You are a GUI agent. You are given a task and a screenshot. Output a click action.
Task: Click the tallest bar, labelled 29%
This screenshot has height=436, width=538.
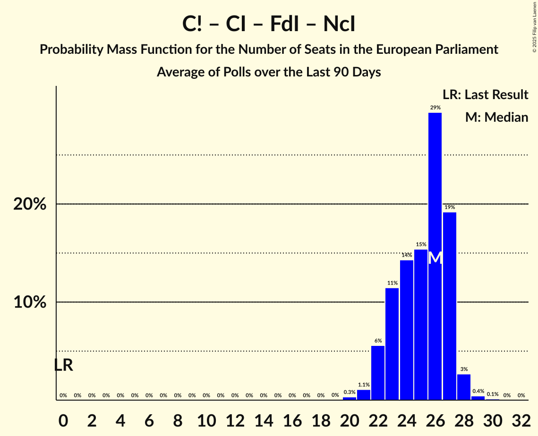coord(435,189)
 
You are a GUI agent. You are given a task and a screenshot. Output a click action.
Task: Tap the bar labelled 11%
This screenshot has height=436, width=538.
coord(392,344)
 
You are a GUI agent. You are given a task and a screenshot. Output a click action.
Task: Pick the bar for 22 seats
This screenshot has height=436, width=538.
coord(378,373)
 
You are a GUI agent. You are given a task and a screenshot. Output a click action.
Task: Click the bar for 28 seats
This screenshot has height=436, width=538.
coord(464,387)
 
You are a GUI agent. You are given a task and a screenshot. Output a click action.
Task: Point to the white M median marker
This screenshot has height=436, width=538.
coord(435,258)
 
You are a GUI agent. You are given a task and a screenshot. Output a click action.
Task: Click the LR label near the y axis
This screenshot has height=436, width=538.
coord(63,365)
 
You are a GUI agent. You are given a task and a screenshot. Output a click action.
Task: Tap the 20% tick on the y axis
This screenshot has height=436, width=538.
coord(30,204)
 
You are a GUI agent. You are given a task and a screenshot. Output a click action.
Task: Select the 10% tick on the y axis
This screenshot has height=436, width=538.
coord(30,302)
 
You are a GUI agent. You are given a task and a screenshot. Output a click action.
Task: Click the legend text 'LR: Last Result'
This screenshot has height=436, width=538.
coord(486,95)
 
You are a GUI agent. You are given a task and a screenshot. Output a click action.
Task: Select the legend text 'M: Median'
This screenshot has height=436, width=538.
coord(496,117)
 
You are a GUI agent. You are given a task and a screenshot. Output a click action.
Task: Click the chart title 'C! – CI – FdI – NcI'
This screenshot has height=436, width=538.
coord(269,24)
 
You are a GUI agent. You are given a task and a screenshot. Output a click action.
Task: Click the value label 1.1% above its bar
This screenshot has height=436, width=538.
coord(364,385)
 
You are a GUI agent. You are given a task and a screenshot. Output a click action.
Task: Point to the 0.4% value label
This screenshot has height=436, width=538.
coord(478,392)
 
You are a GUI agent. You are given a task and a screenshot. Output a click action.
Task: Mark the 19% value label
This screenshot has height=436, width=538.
coord(450,207)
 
